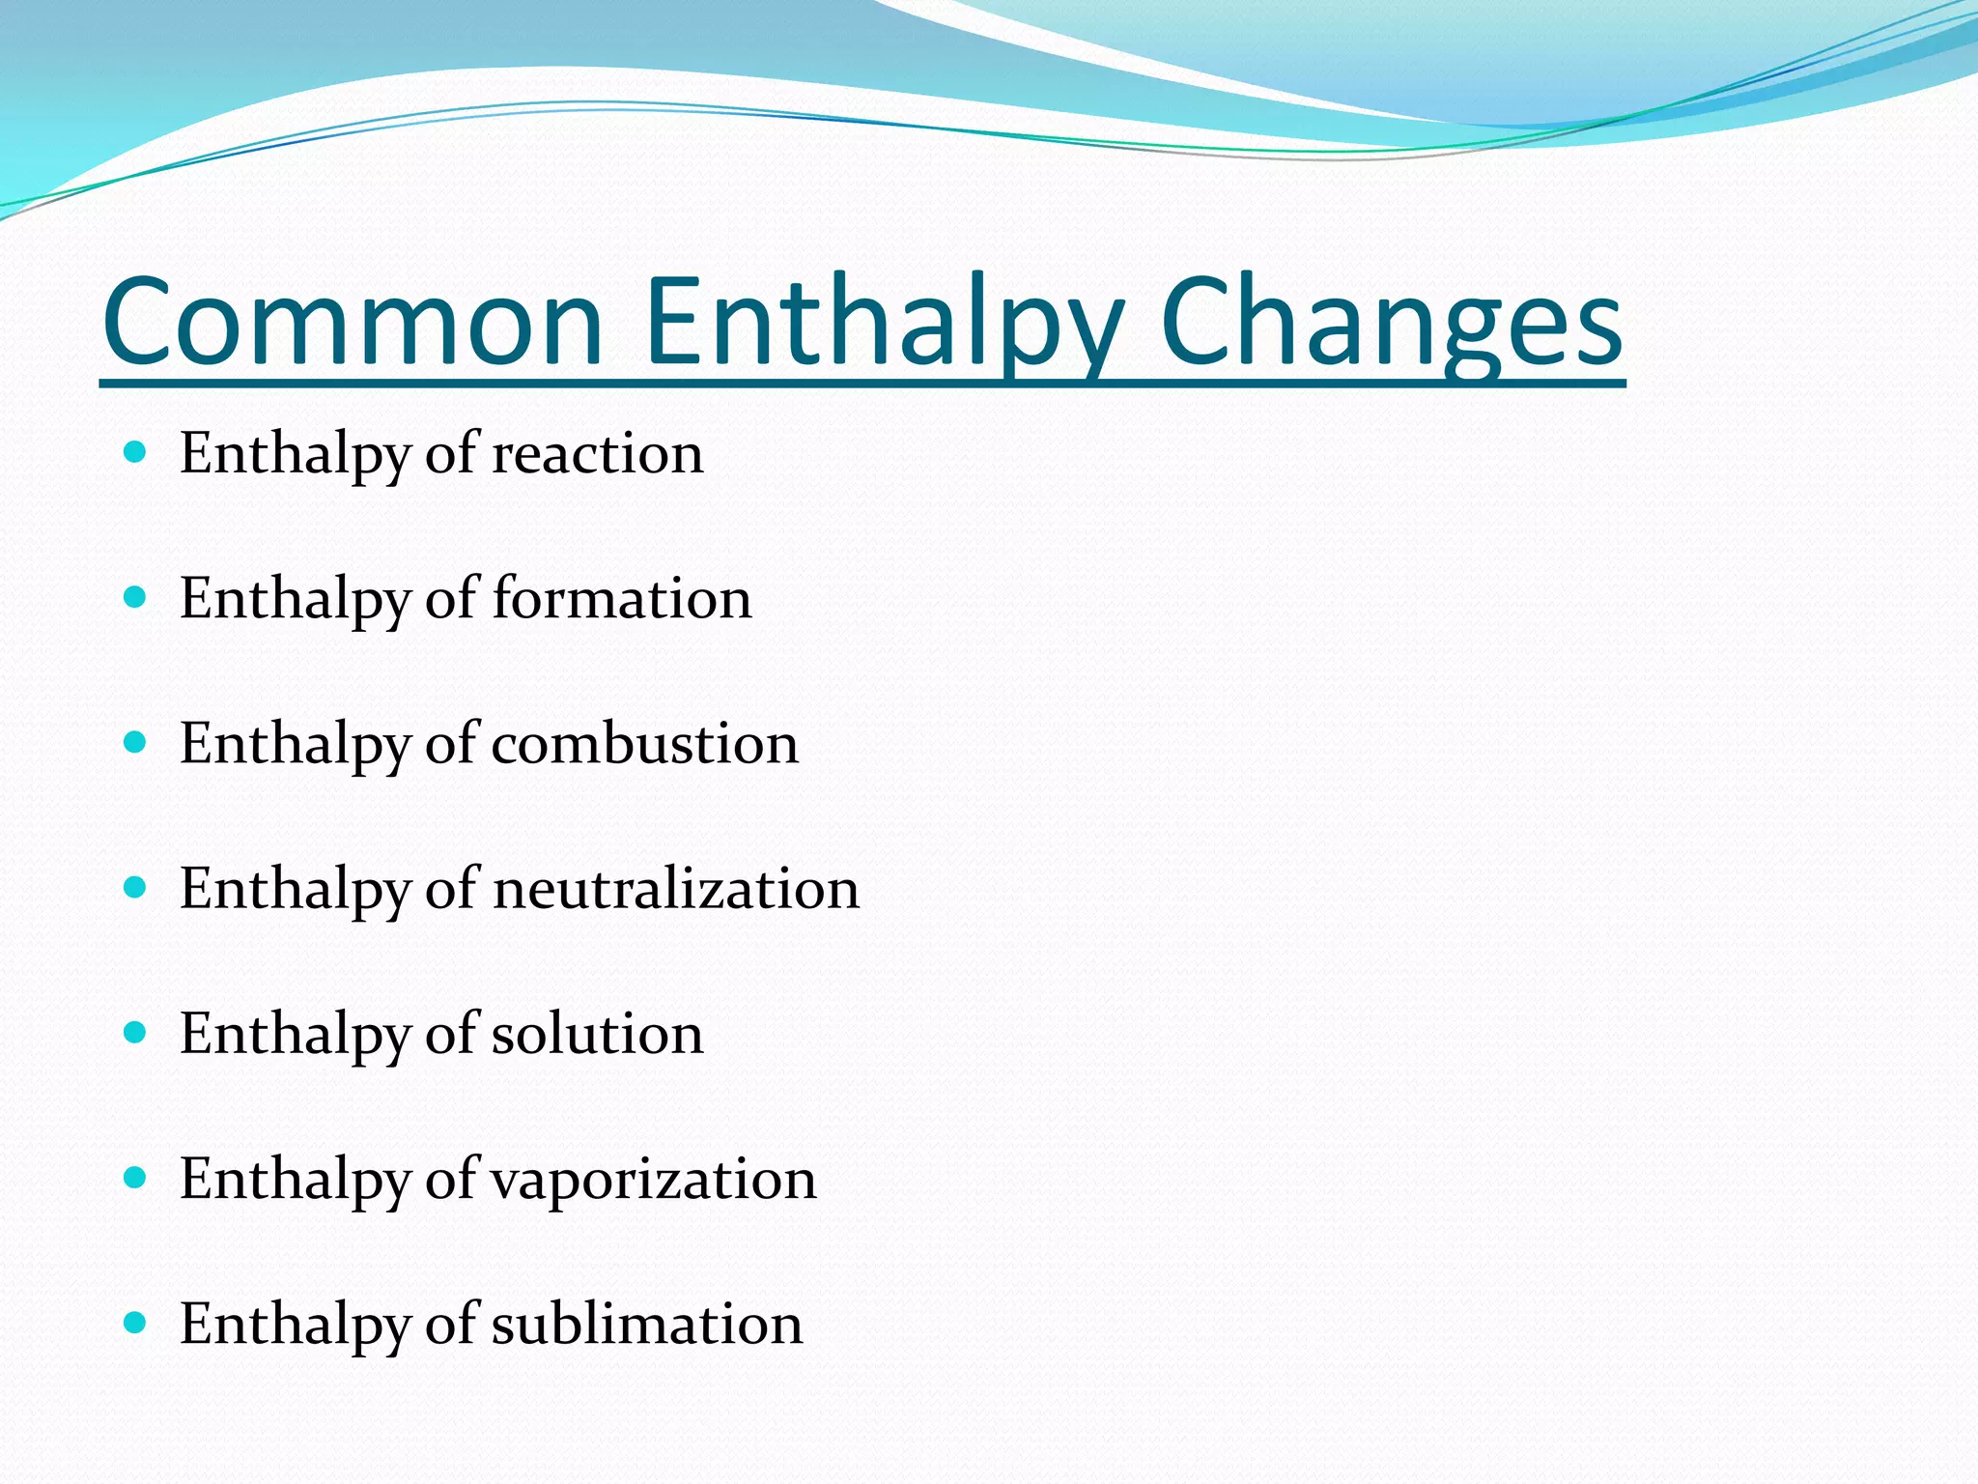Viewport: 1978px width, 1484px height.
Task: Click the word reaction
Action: pos(598,454)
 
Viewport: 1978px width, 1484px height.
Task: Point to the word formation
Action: pos(622,599)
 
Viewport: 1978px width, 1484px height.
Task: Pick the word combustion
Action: pos(645,744)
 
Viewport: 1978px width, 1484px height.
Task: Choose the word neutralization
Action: pos(676,889)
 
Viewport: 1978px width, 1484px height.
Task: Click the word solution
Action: pos(598,1034)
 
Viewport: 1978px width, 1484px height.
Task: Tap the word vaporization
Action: pos(655,1180)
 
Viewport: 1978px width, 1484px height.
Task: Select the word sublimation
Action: pos(647,1325)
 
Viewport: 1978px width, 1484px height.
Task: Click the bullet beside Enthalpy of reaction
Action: pos(135,451)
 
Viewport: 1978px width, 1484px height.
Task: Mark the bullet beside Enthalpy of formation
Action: pos(135,597)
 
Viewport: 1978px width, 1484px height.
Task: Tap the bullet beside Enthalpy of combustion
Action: pos(135,742)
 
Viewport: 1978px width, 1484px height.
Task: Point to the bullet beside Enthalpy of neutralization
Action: pos(135,887)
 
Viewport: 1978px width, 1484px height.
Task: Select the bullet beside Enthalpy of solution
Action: pos(135,1032)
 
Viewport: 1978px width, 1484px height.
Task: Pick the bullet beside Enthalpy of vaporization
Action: pos(135,1177)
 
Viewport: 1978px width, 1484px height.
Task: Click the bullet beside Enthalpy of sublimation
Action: pos(135,1322)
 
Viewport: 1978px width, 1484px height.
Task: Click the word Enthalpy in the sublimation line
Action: pos(296,1325)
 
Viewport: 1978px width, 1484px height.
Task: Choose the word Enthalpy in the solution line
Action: pos(296,1034)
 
